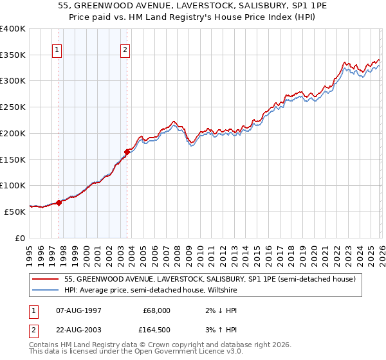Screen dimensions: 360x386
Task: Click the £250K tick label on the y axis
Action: click(13, 107)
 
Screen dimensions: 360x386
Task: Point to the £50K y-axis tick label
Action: click(15, 212)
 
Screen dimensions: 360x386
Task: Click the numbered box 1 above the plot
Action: click(58, 50)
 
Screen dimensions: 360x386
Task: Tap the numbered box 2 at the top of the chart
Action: click(125, 50)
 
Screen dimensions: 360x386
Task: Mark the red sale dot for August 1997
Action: click(59, 203)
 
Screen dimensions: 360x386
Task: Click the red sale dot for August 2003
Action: click(127, 152)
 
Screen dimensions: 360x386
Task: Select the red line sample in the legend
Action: click(46, 278)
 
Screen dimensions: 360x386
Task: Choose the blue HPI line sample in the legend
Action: click(46, 289)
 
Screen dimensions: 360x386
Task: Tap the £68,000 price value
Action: click(156, 310)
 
